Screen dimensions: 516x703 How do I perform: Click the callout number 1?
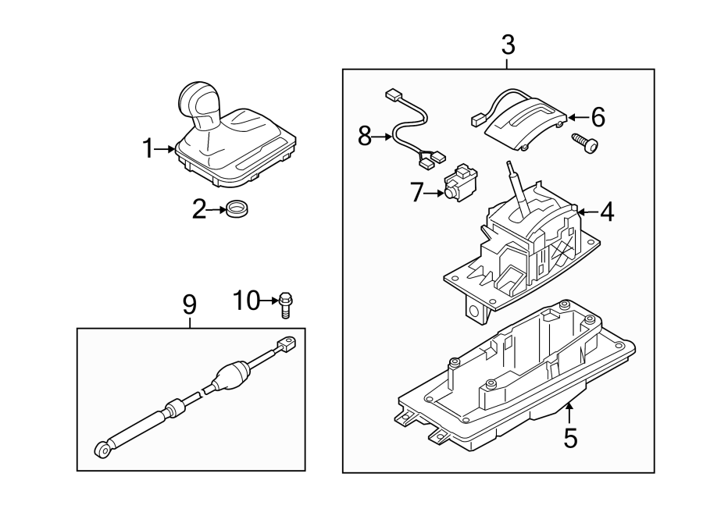(x=148, y=148)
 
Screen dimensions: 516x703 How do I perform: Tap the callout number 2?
(x=199, y=209)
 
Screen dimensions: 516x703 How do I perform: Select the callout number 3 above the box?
(x=508, y=45)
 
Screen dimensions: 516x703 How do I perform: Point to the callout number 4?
(x=605, y=211)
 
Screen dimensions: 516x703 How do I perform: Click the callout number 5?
(x=570, y=438)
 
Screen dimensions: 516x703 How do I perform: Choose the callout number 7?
(x=416, y=192)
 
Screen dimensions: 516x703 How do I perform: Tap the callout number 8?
(x=365, y=137)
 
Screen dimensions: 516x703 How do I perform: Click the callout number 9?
(x=190, y=305)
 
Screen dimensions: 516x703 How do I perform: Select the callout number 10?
(x=247, y=299)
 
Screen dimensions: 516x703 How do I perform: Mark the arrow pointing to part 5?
(x=570, y=411)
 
